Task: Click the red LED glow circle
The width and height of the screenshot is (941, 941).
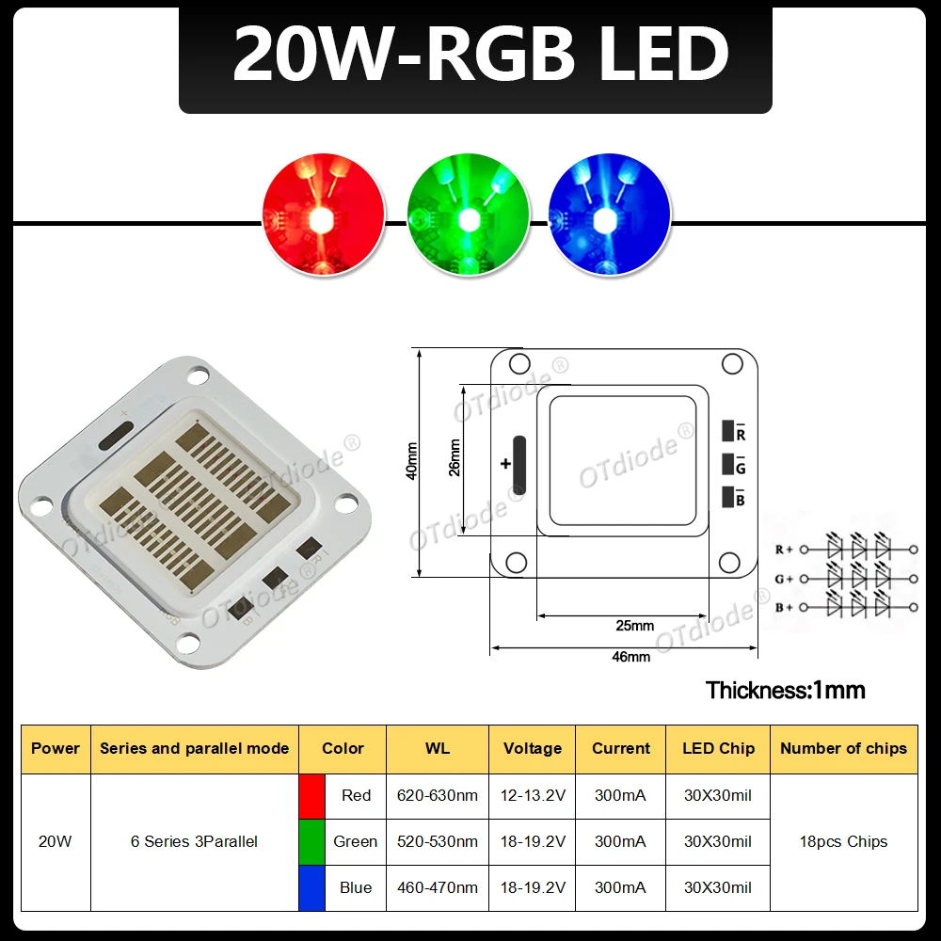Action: [x=324, y=215]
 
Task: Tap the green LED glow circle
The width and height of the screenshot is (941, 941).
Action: [x=468, y=215]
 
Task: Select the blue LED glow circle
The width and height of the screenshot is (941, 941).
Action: [x=609, y=215]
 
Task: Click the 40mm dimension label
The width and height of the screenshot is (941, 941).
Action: [x=411, y=462]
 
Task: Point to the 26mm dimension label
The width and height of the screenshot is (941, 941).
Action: [x=455, y=458]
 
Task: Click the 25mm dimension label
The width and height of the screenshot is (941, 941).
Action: [x=635, y=626]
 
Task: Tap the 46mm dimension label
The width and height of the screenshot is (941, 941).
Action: [x=631, y=657]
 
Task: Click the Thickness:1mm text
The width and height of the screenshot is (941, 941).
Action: [x=785, y=690]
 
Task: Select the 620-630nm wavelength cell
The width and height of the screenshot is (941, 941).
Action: [x=438, y=795]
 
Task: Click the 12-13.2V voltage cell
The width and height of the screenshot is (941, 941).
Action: [x=533, y=795]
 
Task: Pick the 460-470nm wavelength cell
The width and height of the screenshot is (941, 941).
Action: [x=438, y=887]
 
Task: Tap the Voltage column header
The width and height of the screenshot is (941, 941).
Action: [x=533, y=748]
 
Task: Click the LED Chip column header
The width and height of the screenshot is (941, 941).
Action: [x=718, y=748]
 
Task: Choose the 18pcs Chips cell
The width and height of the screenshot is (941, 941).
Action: [x=843, y=841]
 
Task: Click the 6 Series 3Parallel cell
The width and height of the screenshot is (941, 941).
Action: [x=194, y=841]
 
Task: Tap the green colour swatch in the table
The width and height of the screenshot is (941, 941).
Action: [x=311, y=841]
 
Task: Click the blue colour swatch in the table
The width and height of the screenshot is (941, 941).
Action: [x=311, y=887]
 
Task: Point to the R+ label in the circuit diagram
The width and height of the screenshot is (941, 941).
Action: [x=784, y=549]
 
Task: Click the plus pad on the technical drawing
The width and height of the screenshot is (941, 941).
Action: [x=519, y=465]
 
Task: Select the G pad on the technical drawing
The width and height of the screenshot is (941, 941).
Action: [x=728, y=465]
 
